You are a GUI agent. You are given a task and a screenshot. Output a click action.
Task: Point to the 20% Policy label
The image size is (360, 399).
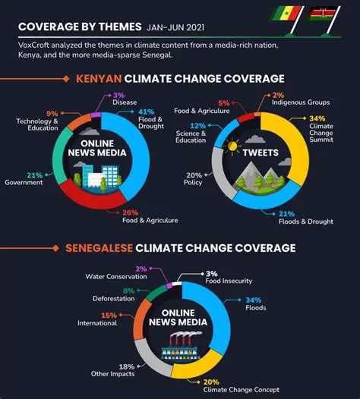pos(194,178)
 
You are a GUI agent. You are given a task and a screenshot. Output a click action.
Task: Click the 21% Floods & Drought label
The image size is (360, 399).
pos(307,219)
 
